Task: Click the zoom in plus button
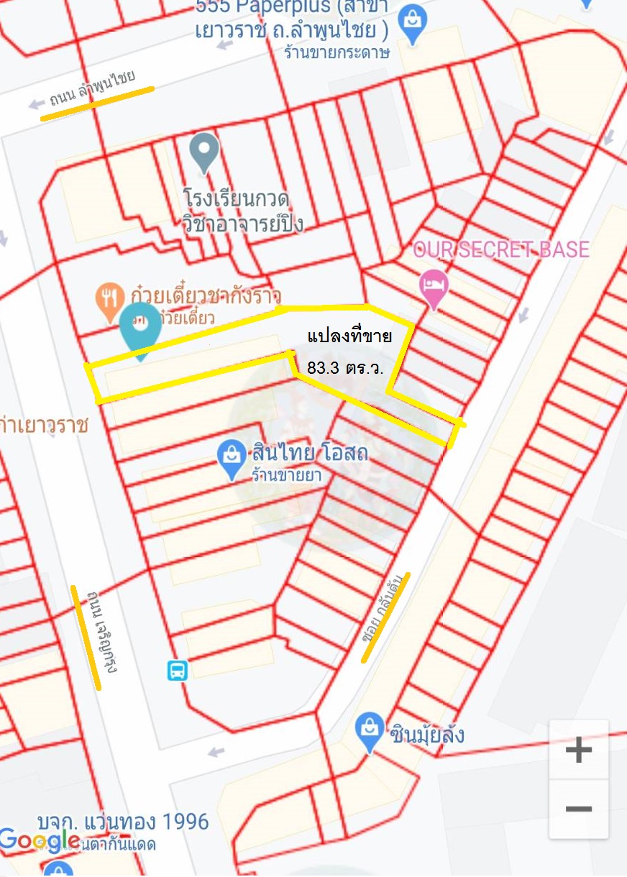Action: (578, 750)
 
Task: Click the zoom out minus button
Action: (578, 809)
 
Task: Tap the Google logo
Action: (39, 840)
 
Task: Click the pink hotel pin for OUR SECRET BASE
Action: (434, 285)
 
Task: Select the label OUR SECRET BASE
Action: (500, 250)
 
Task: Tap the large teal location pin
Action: (141, 328)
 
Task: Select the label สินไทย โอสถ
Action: (310, 454)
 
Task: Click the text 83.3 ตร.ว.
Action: (344, 367)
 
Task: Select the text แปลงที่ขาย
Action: (349, 336)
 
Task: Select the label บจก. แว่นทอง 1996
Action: (123, 822)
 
